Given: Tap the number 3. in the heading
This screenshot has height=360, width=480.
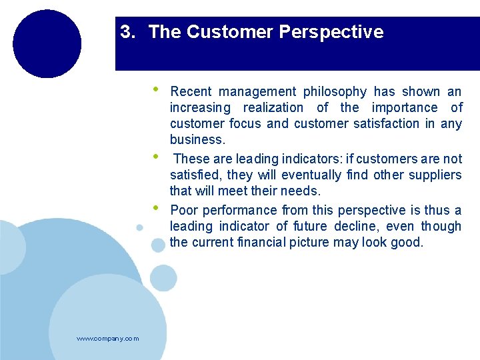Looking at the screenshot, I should click(x=127, y=32).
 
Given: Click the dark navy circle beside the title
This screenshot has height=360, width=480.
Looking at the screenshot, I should click(x=47, y=44).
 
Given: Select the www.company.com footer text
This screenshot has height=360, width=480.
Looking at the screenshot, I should click(x=108, y=339).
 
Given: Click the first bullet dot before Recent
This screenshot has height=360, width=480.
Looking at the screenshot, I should click(x=155, y=89).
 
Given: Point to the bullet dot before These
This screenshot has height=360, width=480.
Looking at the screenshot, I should click(x=155, y=156).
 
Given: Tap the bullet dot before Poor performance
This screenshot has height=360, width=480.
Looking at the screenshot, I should click(x=155, y=207).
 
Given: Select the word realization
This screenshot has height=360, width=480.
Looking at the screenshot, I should click(x=273, y=107).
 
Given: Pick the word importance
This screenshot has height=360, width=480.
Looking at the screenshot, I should click(x=405, y=107).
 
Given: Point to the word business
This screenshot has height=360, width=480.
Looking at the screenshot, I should click(x=197, y=139).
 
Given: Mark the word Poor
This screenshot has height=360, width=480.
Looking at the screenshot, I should click(x=184, y=210).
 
